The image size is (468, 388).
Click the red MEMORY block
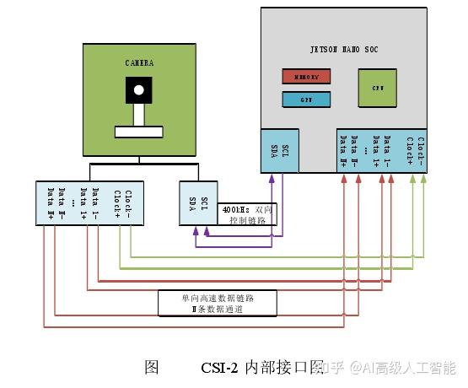305,77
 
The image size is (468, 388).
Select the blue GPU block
305,100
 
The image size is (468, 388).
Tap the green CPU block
377,88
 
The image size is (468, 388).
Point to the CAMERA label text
139,62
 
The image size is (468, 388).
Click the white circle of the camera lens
139,88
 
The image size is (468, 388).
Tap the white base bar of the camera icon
139,132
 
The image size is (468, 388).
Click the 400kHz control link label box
247,213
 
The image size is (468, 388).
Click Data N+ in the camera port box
51,203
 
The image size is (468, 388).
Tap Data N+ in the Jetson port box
343,151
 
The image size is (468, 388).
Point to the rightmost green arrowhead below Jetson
422,179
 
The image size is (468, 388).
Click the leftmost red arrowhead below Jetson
343,179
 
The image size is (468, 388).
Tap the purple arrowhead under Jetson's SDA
271,179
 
